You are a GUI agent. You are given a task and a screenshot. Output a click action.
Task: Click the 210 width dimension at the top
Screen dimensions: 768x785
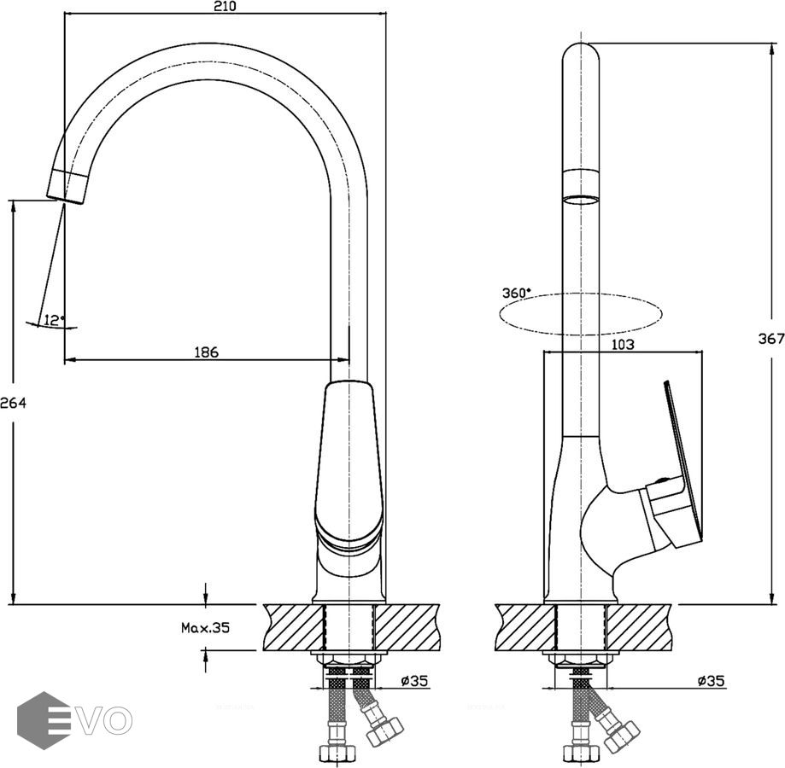click(x=225, y=6)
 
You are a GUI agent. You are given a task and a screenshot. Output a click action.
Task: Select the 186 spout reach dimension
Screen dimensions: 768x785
click(x=206, y=352)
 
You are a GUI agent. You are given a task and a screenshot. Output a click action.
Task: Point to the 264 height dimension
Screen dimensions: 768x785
click(x=13, y=404)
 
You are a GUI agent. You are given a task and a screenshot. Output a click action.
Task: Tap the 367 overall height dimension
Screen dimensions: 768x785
click(x=770, y=339)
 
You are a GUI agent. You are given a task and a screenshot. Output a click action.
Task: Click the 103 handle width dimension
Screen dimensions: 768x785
click(x=623, y=345)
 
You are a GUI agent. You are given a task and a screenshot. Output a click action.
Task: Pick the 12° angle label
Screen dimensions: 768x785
click(x=54, y=320)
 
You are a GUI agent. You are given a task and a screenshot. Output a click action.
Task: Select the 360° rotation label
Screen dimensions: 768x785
click(x=516, y=293)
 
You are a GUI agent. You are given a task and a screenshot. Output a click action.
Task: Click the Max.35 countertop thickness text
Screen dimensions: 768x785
click(x=205, y=627)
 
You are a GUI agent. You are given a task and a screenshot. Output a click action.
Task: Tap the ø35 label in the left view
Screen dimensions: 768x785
click(x=413, y=681)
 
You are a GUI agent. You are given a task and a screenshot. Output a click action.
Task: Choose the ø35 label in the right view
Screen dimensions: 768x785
click(x=711, y=681)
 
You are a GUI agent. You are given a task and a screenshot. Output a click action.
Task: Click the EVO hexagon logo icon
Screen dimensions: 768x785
click(x=44, y=720)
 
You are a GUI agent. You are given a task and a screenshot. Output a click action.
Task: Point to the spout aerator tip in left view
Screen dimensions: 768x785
click(x=68, y=185)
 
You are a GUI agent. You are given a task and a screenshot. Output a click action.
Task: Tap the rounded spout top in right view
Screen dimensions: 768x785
click(x=581, y=51)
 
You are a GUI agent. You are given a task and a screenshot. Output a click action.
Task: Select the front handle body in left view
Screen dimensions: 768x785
click(x=349, y=461)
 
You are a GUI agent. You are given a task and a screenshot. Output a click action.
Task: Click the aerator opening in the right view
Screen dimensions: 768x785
click(x=581, y=201)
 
